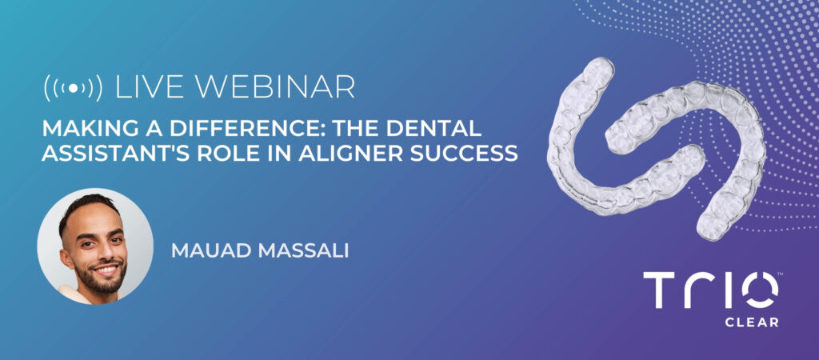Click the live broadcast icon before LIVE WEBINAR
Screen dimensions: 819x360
73,88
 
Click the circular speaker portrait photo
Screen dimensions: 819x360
96,246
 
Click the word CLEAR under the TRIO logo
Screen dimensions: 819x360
752,322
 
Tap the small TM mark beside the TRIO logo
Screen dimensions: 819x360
781,274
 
